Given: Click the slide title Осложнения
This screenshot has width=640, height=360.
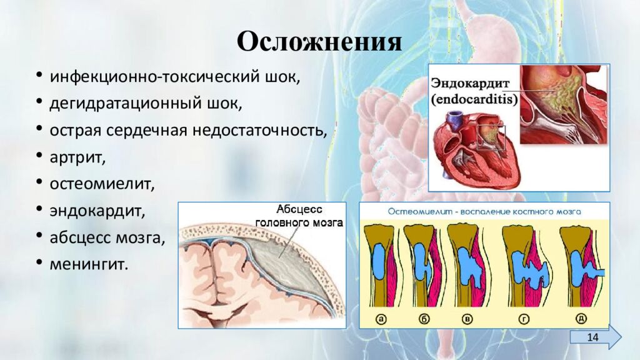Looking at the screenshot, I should click(x=319, y=42).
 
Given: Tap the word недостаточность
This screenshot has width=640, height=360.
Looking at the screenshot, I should click(x=273, y=131).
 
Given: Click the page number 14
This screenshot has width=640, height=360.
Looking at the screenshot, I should click(x=592, y=337).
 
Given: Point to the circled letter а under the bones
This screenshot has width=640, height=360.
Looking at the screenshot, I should click(x=381, y=319).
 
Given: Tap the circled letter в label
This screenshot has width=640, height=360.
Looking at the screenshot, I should click(x=467, y=319).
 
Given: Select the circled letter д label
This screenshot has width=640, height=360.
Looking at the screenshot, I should click(x=581, y=319).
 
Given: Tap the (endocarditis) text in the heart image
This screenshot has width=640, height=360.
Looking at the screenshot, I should click(x=474, y=99).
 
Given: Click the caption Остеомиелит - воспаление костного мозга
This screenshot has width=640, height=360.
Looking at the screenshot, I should click(x=484, y=211).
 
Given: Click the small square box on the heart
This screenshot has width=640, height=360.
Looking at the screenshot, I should click(x=491, y=137).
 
